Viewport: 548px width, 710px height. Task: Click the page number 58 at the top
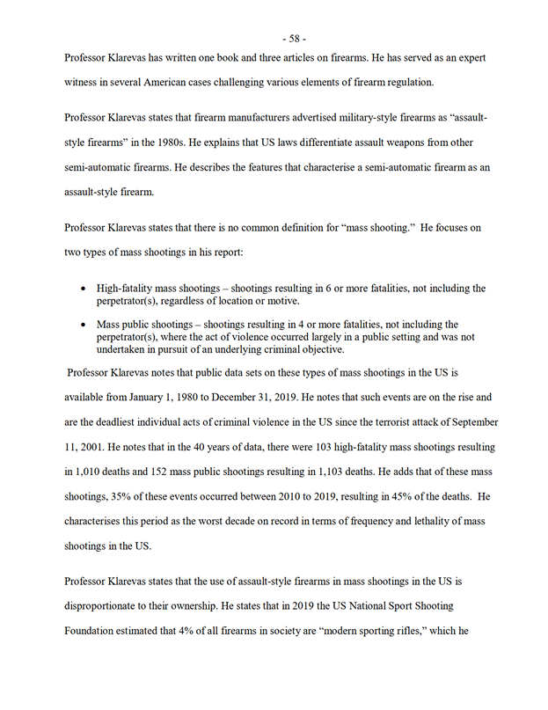(295, 38)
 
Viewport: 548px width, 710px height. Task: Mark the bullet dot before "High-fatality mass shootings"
(83, 288)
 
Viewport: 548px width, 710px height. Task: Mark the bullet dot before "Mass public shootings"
(83, 324)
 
